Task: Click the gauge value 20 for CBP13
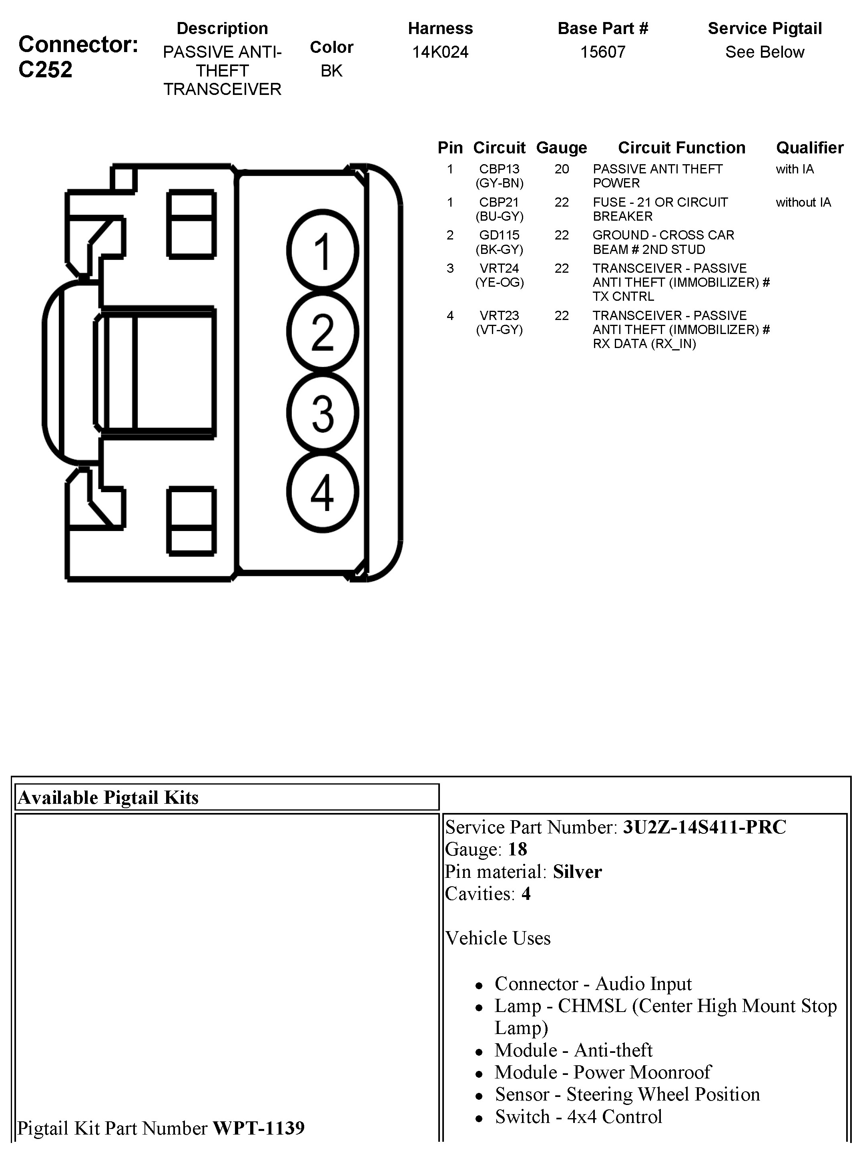pyautogui.click(x=562, y=169)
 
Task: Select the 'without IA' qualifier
pyautogui.click(x=803, y=202)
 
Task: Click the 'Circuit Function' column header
pyautogui.click(x=681, y=148)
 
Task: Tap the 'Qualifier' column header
pyautogui.click(x=809, y=148)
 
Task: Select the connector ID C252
pyautogui.click(x=46, y=70)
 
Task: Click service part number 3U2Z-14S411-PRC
pyautogui.click(x=704, y=827)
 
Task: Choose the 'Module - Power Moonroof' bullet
pyautogui.click(x=602, y=1072)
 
